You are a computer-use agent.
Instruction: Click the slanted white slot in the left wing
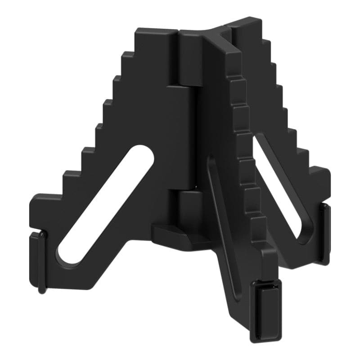pos(106,205)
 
